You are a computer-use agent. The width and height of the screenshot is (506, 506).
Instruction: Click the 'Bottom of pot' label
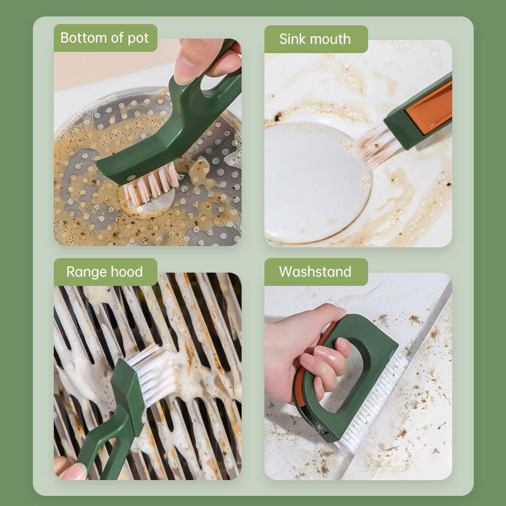click(105, 38)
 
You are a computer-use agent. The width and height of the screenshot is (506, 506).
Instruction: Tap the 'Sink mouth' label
click(315, 39)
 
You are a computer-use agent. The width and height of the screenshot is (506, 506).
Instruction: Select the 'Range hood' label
click(105, 272)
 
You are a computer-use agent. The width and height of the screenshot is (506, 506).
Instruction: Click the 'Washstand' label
click(315, 272)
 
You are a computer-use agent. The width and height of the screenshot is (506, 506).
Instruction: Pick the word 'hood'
click(126, 272)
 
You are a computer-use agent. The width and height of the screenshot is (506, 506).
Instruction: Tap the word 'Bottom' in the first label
click(82, 38)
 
